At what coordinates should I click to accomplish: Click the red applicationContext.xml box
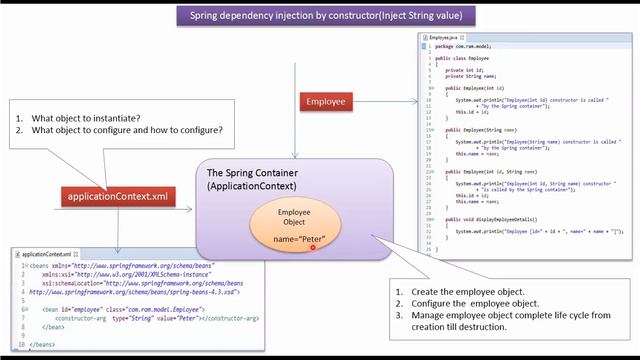119,197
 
